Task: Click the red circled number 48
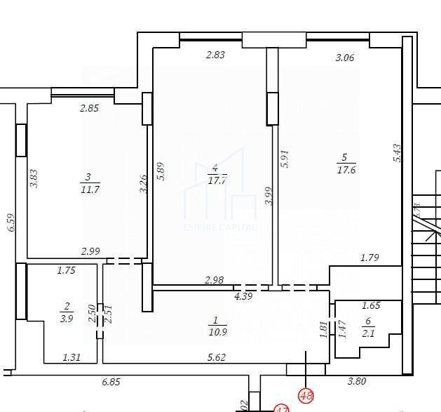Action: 306,395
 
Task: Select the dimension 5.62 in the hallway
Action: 215,357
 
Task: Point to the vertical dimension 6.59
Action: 10,223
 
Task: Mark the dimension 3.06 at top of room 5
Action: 344,58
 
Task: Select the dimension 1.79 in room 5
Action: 369,258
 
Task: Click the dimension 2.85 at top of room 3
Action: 89,108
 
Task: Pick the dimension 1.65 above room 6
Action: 371,306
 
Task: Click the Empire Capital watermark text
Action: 219,227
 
